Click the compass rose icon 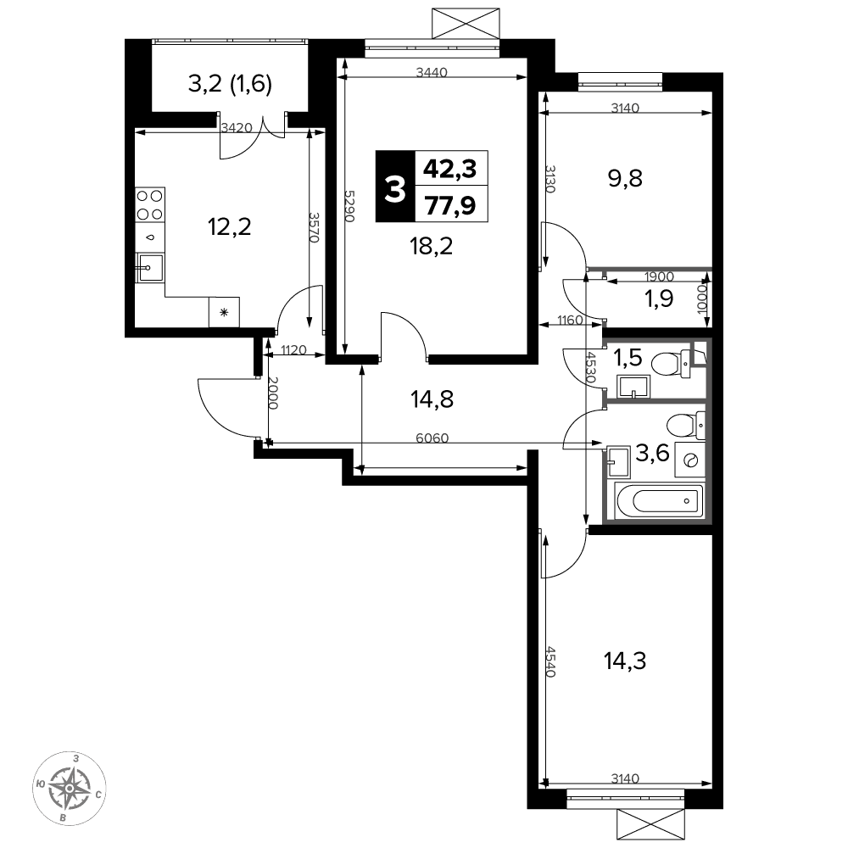click(70, 788)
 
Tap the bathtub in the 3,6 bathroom click(659, 500)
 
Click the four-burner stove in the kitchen click(150, 205)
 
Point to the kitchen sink click(149, 268)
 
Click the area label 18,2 click(431, 246)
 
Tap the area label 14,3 click(625, 661)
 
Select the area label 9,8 click(625, 178)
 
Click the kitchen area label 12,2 click(229, 226)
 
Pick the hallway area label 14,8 click(432, 399)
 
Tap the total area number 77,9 click(450, 205)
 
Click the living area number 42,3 click(450, 169)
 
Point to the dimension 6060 click(432, 438)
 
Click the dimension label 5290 click(349, 206)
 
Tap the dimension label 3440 click(432, 72)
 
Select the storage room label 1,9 click(659, 298)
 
